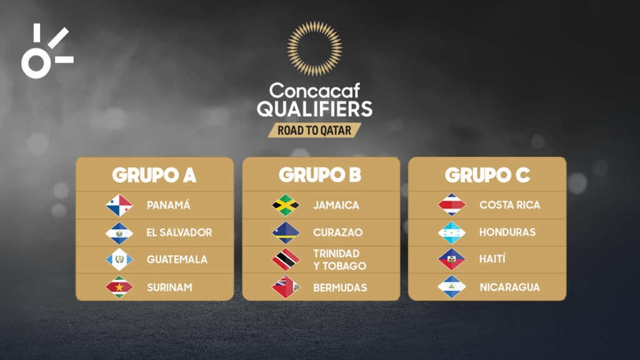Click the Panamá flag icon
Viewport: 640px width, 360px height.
(x=119, y=205)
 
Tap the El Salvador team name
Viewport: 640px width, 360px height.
(x=179, y=232)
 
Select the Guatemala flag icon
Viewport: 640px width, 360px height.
(x=119, y=259)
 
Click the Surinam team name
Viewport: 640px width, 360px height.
(x=169, y=287)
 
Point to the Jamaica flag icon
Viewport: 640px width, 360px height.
(x=286, y=205)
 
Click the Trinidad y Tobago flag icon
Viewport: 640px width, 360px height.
(x=286, y=259)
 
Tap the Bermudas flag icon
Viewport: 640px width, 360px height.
(x=286, y=287)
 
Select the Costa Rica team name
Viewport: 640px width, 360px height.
(x=509, y=205)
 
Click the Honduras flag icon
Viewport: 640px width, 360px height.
(x=452, y=232)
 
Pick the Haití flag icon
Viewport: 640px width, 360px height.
(x=452, y=259)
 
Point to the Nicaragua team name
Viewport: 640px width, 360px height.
(x=509, y=287)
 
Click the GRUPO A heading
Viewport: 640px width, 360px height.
(x=154, y=176)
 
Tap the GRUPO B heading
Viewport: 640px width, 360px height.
(x=320, y=176)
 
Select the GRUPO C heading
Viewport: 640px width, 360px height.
(x=487, y=176)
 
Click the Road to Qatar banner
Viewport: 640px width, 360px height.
(x=314, y=129)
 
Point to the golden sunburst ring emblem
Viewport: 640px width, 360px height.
(x=314, y=49)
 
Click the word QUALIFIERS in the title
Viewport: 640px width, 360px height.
(x=314, y=109)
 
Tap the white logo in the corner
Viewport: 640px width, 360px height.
(x=46, y=51)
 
